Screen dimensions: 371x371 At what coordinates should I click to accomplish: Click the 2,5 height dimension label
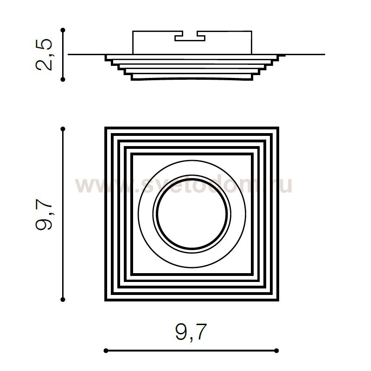point(44,55)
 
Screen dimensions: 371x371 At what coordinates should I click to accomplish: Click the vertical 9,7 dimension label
point(44,214)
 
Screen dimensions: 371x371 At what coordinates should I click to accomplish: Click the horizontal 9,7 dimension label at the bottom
point(191,332)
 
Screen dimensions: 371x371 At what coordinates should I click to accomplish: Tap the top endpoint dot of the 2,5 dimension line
point(63,30)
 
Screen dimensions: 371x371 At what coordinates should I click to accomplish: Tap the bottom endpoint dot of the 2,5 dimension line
point(63,79)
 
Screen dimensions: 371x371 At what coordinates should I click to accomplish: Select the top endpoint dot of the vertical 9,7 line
point(63,129)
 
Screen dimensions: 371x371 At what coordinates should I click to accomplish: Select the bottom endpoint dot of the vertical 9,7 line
point(63,300)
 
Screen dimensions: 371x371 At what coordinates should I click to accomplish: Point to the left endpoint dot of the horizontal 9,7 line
point(106,351)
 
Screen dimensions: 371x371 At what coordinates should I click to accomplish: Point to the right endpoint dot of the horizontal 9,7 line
point(276,351)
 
